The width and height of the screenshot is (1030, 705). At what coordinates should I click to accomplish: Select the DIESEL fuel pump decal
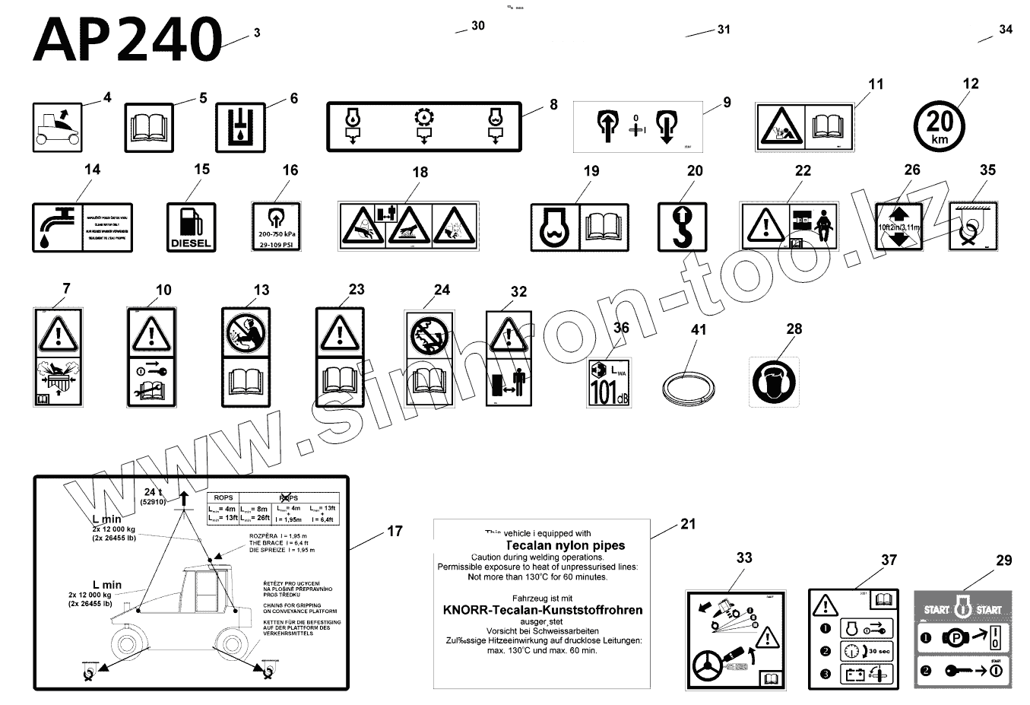point(191,227)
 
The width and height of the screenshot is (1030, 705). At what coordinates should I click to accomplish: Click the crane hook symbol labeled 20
point(682,227)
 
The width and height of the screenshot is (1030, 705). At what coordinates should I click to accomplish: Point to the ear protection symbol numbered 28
point(774,382)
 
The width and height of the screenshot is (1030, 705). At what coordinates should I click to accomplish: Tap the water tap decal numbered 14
point(82,227)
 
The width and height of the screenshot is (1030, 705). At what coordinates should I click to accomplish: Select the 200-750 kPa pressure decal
point(275,226)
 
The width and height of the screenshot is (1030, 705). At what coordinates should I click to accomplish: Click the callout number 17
point(395,531)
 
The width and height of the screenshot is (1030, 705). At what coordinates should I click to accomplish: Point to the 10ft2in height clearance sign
point(898,227)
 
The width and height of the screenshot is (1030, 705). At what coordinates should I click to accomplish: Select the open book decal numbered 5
point(154,127)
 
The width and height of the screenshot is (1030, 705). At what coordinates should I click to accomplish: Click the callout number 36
point(621,328)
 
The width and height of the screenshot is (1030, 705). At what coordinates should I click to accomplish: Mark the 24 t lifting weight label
point(154,496)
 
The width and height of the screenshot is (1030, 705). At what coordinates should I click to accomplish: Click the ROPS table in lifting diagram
point(273,508)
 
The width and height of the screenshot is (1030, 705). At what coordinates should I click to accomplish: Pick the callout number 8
point(553,104)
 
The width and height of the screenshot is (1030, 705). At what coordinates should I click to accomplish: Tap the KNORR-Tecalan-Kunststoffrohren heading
point(542,610)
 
